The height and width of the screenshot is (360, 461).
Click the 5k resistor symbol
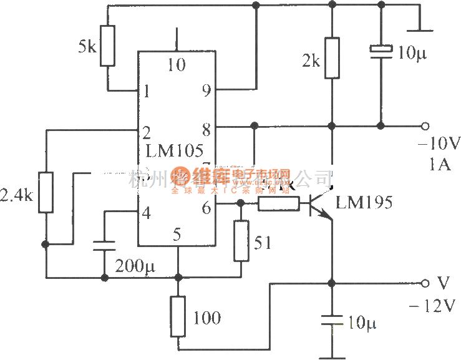coord(108,46)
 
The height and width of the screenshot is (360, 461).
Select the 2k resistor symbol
coord(332,58)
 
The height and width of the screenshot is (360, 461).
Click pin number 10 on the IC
coord(177,64)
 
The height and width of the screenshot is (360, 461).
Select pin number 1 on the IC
coord(146,92)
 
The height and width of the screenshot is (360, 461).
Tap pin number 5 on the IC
coord(177,235)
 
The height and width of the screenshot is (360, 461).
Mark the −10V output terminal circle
coord(425,125)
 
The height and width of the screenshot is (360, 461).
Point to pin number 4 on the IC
coord(146,213)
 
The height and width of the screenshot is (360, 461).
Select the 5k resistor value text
coord(87,47)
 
